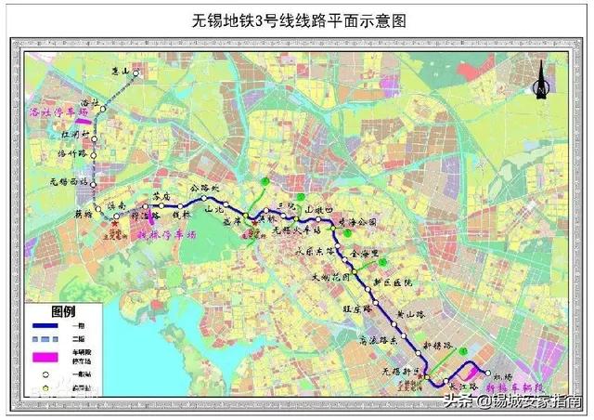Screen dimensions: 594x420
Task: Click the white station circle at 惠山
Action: coord(136,72)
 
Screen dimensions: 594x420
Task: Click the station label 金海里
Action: coord(369,252)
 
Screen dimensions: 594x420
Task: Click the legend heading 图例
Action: coord(62,309)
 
